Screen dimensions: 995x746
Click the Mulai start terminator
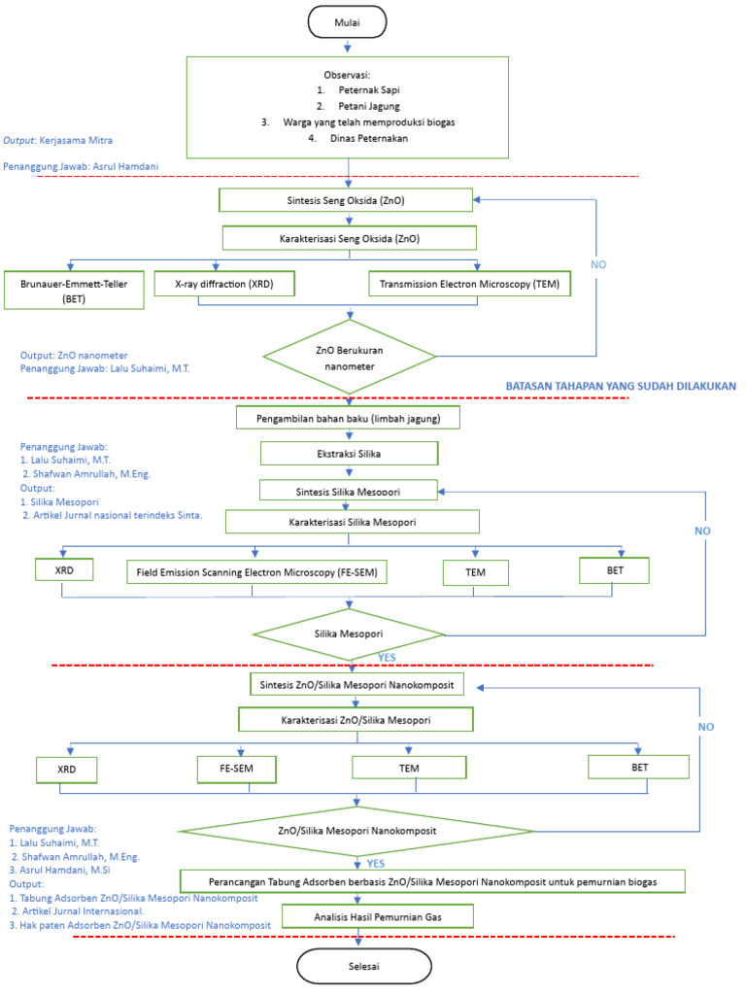click(x=347, y=21)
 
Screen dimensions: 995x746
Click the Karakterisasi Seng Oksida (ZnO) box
click(x=349, y=237)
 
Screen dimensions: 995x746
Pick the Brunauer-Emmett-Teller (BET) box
click(x=74, y=290)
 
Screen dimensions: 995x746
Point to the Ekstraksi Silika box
click(x=348, y=454)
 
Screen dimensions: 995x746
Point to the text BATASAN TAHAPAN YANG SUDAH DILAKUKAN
click(x=621, y=386)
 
